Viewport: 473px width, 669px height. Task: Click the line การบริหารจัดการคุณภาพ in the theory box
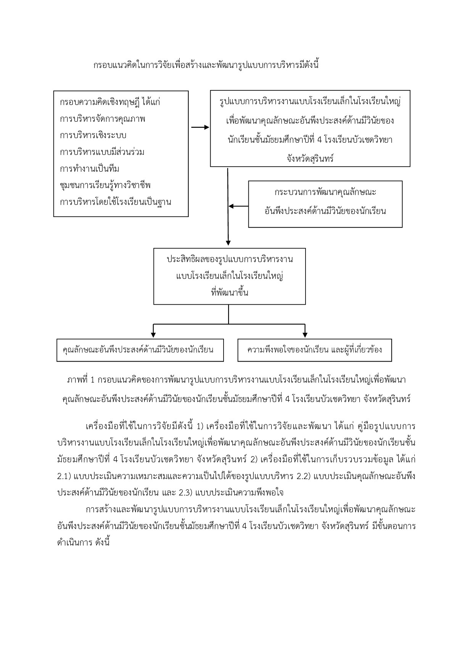pyautogui.click(x=103, y=119)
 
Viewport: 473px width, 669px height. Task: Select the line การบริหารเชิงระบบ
pyautogui.click(x=93, y=135)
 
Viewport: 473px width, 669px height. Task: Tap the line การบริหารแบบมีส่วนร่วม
pyautogui.click(x=102, y=152)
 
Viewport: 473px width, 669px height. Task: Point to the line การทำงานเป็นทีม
pyautogui.click(x=90, y=169)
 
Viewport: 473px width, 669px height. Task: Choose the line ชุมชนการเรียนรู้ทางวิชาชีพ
pyautogui.click(x=105, y=185)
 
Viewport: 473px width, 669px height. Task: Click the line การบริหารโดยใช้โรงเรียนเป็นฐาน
pyautogui.click(x=116, y=202)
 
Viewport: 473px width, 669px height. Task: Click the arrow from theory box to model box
pyautogui.click(x=200, y=127)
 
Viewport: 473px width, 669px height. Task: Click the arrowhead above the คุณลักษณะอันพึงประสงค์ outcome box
pyautogui.click(x=153, y=334)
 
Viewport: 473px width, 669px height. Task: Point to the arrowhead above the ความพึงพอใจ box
pyautogui.click(x=305, y=334)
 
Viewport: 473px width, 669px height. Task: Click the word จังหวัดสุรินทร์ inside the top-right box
pyautogui.click(x=310, y=158)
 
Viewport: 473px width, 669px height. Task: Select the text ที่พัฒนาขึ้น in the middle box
pyautogui.click(x=230, y=293)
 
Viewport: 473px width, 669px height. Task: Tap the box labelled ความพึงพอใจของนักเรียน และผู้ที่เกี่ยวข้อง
pyautogui.click(x=315, y=350)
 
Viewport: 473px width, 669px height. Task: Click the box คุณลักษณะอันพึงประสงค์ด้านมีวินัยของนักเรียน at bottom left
pyautogui.click(x=140, y=350)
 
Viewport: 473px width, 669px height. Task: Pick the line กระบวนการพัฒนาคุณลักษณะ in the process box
pyautogui.click(x=325, y=192)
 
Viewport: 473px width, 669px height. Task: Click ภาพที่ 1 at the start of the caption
pyautogui.click(x=81, y=380)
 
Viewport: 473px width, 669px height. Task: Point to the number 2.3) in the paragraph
pyautogui.click(x=185, y=492)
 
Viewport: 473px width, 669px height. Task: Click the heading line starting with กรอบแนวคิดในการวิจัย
pyautogui.click(x=206, y=65)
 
